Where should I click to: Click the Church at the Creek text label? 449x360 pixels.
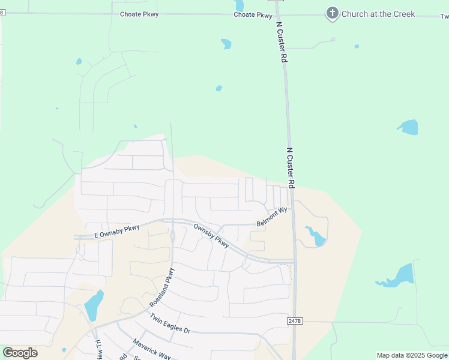click(x=378, y=14)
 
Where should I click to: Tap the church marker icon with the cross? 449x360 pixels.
click(x=332, y=13)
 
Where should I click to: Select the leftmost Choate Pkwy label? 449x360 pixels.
click(x=139, y=14)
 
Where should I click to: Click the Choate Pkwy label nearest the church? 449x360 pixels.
click(x=253, y=15)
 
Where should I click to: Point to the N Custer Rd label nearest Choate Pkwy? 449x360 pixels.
click(x=280, y=43)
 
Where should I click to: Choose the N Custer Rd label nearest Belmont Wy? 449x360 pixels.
click(x=291, y=168)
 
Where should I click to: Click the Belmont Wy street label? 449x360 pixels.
click(x=273, y=217)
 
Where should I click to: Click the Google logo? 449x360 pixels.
click(x=20, y=353)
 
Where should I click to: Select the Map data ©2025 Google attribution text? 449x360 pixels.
click(x=412, y=355)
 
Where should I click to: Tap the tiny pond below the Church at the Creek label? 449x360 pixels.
click(x=357, y=46)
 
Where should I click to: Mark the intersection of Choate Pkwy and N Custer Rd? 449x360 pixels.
click(x=277, y=14)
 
